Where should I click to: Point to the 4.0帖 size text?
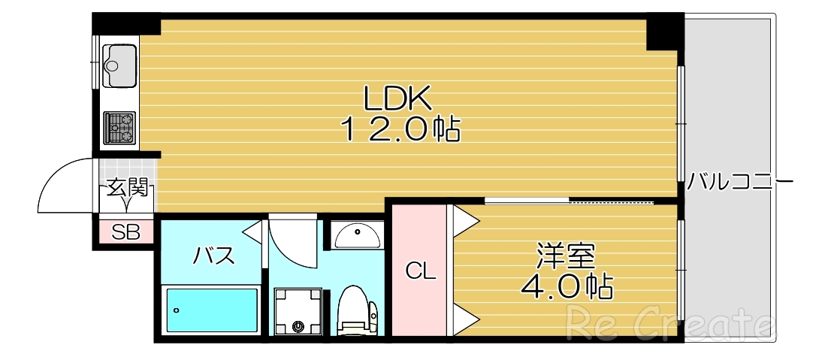[566, 286]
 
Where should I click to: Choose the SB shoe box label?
[125, 232]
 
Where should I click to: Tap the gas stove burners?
[119, 128]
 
